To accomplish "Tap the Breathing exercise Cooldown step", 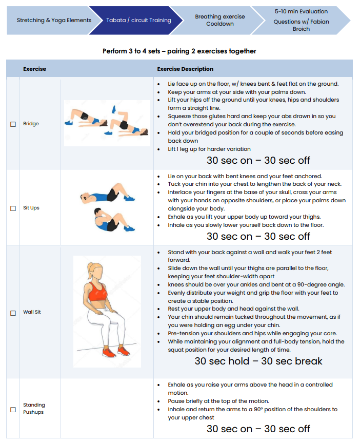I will (219, 21).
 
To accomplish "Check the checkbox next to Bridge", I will (13, 124).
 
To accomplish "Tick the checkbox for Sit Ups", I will (13, 208).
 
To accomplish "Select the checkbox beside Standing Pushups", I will (13, 409).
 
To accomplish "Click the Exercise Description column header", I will (185, 69).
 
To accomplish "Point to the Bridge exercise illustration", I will (107, 122).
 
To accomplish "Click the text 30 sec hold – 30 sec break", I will (258, 361).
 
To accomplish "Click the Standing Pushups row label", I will (34, 409).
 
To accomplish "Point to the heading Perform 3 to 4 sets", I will (179, 51).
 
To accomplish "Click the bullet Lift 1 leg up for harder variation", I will (209, 149).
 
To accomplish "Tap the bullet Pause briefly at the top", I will (218, 401).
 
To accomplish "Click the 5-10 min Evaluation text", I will (301, 11).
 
